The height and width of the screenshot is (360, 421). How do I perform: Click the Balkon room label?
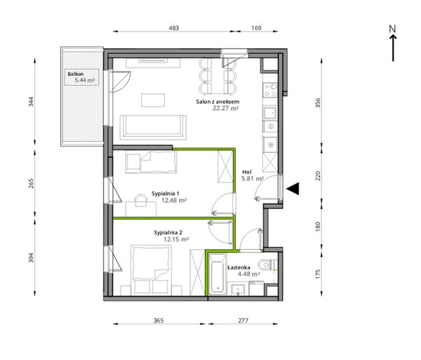[76, 74]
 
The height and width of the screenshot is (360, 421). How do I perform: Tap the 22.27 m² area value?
[226, 108]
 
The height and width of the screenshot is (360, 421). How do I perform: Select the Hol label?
[247, 172]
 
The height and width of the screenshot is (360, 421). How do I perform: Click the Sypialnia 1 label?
[166, 194]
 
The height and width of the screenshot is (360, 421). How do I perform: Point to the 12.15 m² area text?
[176, 239]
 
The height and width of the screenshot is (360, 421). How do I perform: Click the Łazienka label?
[239, 267]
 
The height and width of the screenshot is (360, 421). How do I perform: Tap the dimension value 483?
[173, 28]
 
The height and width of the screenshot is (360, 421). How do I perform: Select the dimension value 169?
[256, 28]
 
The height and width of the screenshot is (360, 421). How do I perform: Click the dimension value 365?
[159, 320]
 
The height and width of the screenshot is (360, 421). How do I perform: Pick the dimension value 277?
[243, 320]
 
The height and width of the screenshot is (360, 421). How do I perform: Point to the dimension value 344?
[31, 102]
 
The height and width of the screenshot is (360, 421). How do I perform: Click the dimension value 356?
[318, 103]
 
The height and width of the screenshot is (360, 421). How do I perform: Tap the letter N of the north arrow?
[393, 29]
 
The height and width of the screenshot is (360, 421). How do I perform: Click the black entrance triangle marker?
[293, 189]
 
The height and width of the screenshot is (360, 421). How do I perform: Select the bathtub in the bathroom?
[218, 274]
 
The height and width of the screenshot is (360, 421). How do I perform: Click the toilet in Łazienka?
[267, 265]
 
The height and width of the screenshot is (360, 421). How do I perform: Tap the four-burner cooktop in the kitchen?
[270, 91]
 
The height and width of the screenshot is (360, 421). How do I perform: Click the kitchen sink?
[270, 113]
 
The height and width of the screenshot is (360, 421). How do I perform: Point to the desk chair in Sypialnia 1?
[141, 200]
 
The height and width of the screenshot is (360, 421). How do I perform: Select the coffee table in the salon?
[153, 100]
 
